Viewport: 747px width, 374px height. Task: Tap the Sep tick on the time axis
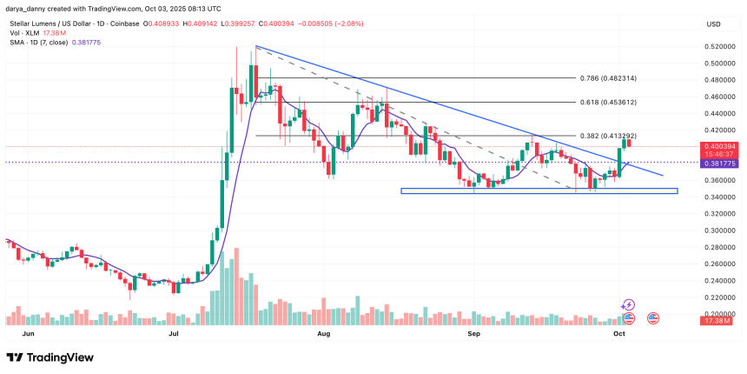pyautogui.click(x=473, y=333)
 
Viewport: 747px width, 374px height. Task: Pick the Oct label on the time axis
pyautogui.click(x=619, y=333)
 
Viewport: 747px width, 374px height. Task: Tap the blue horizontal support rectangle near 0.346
pyautogui.click(x=539, y=190)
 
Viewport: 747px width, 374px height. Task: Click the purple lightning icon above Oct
pyautogui.click(x=629, y=305)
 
